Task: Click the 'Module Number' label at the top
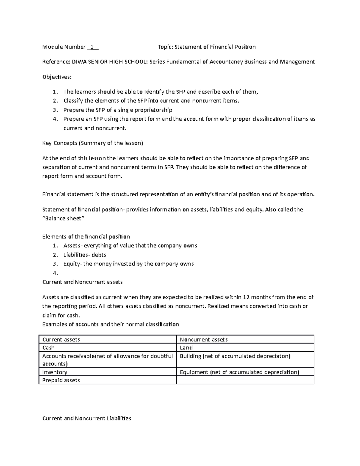(64, 47)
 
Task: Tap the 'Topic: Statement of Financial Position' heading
(207, 47)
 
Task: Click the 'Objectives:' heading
(57, 77)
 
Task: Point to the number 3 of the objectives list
(55, 110)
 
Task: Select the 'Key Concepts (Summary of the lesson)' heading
(93, 143)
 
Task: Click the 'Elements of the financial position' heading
(86, 236)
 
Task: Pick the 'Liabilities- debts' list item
(85, 255)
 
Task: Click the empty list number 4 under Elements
(55, 273)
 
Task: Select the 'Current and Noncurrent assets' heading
(82, 282)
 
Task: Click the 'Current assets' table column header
(61, 339)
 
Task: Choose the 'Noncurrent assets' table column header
(204, 339)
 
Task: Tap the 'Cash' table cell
(49, 348)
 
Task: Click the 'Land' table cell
(186, 348)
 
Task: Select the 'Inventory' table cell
(55, 372)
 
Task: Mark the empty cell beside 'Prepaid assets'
(245, 380)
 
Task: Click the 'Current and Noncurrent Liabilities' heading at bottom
(87, 418)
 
